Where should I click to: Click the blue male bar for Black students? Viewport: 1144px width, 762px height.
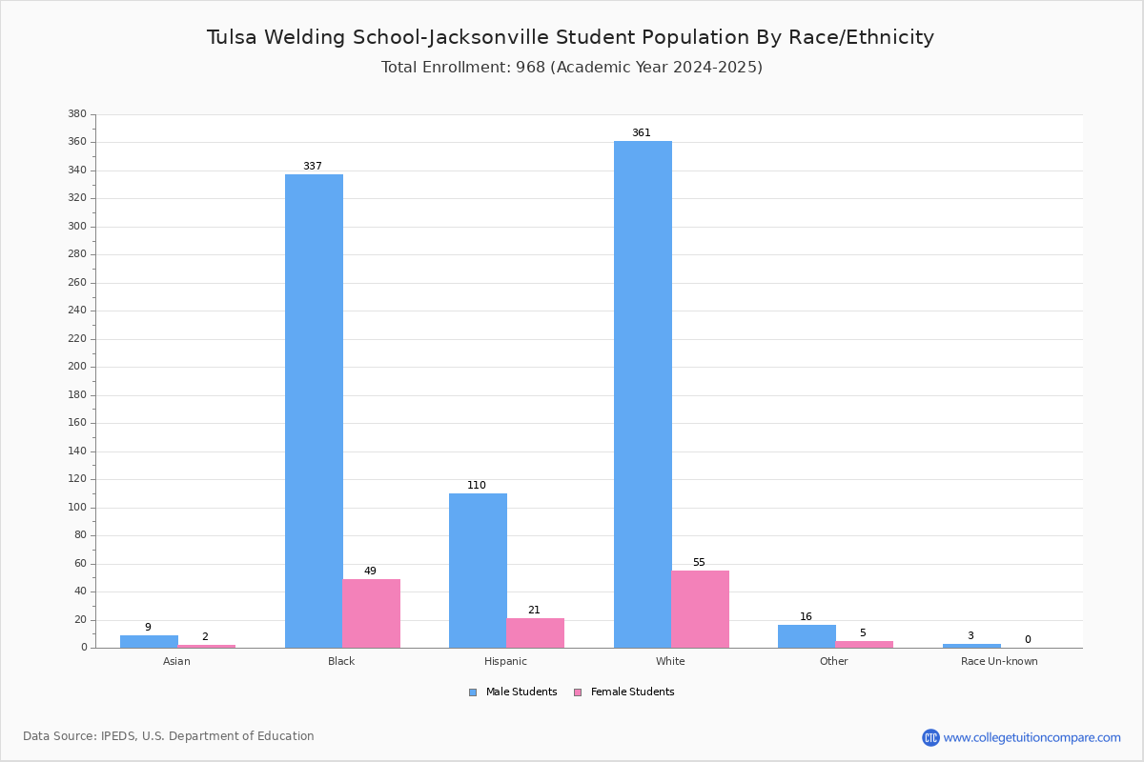314,411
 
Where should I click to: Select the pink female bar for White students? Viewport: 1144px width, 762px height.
700,609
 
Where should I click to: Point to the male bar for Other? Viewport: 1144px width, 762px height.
807,636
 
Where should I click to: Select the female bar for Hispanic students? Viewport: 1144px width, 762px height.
535,632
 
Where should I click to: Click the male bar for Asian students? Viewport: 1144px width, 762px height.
149,641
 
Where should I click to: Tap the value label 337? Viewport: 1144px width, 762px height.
313,167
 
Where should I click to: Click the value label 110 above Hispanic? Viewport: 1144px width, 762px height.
477,486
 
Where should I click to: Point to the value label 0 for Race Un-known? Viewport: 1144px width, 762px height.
1028,640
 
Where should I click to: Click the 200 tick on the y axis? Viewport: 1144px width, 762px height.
77,367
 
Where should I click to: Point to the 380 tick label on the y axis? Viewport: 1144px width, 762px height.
77,114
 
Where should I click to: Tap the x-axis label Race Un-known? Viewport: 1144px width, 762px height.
999,661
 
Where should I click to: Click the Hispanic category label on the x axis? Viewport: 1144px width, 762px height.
505,661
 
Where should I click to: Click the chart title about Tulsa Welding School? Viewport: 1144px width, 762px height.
570,38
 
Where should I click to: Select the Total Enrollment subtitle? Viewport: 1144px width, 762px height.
571,68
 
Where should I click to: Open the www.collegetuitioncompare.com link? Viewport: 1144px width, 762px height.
1032,737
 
